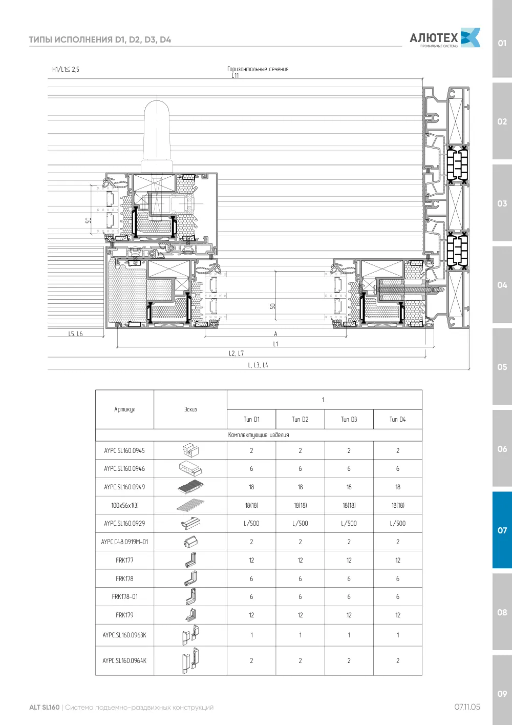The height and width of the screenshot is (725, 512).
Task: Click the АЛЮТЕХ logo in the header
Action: click(445, 38)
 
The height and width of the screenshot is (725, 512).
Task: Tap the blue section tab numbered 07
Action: click(502, 530)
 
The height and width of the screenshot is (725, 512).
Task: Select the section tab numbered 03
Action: click(502, 203)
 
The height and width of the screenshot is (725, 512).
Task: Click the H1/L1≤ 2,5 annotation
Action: click(66, 69)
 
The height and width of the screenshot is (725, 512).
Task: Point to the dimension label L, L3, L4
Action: click(258, 365)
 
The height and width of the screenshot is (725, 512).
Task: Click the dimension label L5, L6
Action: click(75, 334)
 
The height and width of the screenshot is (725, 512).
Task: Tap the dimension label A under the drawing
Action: click(275, 334)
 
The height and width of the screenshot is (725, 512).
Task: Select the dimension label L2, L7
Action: click(237, 353)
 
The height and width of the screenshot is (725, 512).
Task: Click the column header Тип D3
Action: click(349, 419)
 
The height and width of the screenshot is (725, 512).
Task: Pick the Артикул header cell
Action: click(124, 409)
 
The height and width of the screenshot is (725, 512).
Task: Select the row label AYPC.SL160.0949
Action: click(124, 487)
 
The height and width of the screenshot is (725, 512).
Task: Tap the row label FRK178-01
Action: click(125, 596)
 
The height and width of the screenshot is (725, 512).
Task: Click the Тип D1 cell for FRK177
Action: click(251, 560)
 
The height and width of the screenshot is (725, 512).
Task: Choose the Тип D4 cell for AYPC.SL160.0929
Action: click(398, 523)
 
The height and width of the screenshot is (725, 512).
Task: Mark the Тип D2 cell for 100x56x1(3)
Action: click(300, 505)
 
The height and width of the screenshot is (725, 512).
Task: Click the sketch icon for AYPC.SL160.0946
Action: click(190, 468)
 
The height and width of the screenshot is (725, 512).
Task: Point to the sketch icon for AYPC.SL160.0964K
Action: click(190, 660)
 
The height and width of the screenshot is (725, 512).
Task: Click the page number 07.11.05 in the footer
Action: click(467, 707)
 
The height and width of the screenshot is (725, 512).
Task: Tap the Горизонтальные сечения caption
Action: click(258, 69)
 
